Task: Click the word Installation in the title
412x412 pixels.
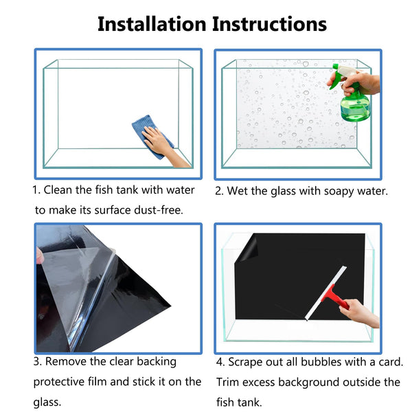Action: (x=152, y=24)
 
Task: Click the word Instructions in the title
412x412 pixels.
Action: (x=270, y=24)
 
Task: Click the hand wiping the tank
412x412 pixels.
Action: (x=163, y=146)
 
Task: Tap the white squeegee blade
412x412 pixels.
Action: (x=325, y=293)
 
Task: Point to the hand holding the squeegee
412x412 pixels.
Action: (x=359, y=313)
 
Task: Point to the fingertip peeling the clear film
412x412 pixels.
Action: (x=39, y=255)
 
